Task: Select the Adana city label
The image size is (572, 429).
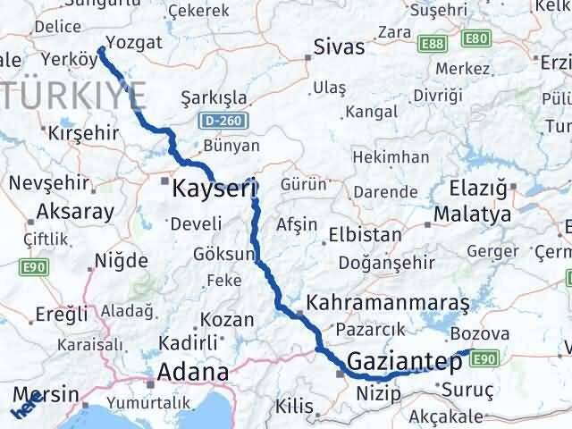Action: tap(192, 371)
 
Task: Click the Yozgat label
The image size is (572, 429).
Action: tap(134, 42)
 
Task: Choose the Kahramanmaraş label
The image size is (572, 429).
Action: tap(387, 302)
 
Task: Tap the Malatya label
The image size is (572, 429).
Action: tap(472, 215)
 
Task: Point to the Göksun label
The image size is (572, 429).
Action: tap(223, 255)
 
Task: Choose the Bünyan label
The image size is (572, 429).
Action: tap(231, 146)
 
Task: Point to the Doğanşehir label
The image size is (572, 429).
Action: tap(386, 264)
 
